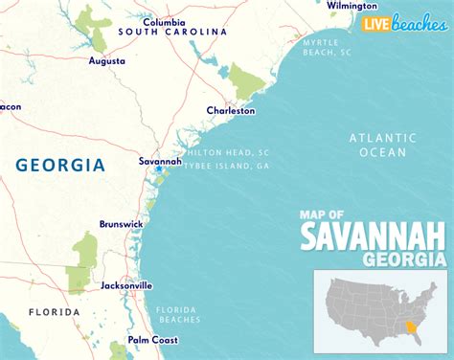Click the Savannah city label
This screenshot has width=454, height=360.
click(160, 161)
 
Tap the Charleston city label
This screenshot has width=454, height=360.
click(231, 111)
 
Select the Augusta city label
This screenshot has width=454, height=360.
click(105, 60)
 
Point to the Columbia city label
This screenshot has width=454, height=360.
click(165, 21)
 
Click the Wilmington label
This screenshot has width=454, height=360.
click(352, 5)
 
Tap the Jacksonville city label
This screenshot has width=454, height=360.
click(126, 285)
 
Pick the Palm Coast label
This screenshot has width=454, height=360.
click(152, 340)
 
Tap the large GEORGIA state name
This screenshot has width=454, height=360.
click(60, 166)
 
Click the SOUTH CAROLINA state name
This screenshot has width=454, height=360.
click(172, 33)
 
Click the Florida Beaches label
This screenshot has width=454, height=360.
click(179, 313)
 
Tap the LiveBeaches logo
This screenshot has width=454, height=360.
click(403, 23)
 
